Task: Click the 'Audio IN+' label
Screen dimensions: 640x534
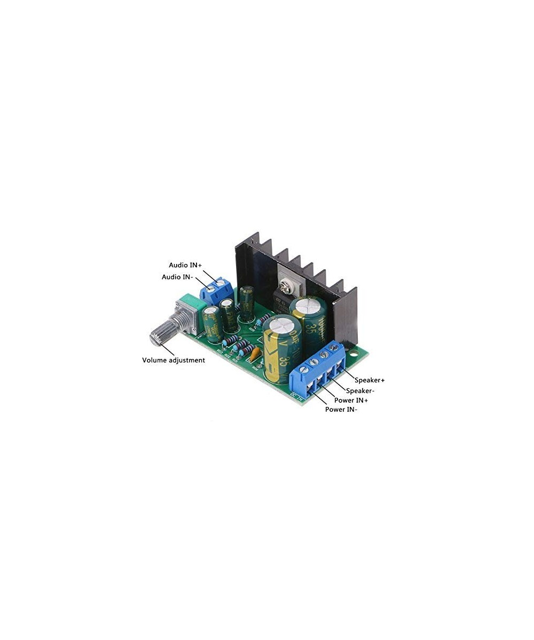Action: point(185,265)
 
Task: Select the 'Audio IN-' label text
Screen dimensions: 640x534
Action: point(177,277)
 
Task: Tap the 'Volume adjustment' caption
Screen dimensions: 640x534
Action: point(173,360)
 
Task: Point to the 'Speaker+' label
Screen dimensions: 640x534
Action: point(370,380)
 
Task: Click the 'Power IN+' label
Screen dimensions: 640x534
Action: point(351,400)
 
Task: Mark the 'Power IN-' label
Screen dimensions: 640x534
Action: point(341,410)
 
